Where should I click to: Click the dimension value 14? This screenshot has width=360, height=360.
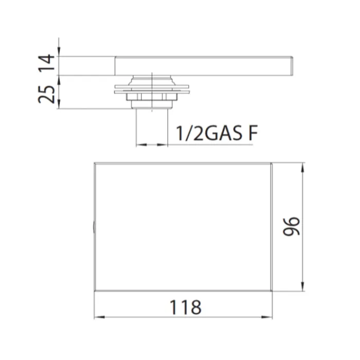[47, 62]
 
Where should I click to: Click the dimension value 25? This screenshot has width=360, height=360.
[47, 95]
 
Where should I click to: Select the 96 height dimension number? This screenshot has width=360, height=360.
[292, 226]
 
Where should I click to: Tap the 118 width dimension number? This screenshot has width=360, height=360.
[185, 307]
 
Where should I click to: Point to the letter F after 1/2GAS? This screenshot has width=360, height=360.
[253, 133]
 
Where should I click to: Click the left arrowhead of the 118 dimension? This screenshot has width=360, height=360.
[99, 317]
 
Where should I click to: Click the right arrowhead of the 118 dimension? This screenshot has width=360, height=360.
[267, 317]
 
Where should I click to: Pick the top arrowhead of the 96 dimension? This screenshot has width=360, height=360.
[302, 168]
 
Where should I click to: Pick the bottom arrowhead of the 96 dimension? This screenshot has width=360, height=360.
[302, 286]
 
